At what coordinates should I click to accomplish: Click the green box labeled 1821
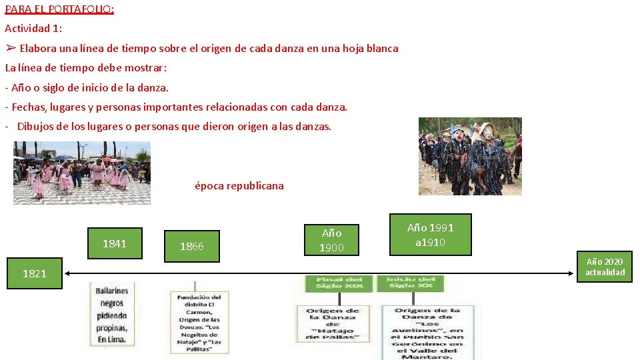(x=35, y=273)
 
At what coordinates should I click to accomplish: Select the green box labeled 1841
(x=114, y=244)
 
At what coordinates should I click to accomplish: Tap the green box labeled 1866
(x=191, y=247)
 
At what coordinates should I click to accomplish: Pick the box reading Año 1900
(x=331, y=241)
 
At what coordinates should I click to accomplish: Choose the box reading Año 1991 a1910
(x=430, y=235)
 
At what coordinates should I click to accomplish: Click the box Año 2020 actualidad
(x=605, y=267)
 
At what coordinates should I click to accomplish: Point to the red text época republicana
(x=239, y=186)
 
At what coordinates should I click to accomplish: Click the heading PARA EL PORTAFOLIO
(x=59, y=9)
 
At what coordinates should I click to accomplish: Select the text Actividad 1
(x=33, y=29)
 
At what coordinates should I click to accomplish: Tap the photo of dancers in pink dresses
(x=82, y=173)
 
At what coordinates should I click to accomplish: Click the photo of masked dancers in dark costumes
(x=469, y=156)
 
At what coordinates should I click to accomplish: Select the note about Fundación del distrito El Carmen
(x=199, y=323)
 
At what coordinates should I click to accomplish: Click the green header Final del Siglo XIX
(x=339, y=283)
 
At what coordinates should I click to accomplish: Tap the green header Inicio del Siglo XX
(x=411, y=283)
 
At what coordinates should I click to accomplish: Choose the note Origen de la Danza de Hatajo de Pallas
(x=333, y=325)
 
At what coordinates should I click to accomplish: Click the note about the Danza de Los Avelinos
(x=428, y=333)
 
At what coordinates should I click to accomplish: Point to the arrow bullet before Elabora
(x=11, y=48)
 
